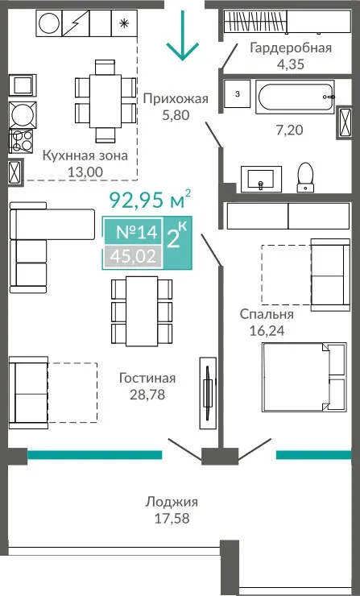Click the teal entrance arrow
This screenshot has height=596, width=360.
point(183,35)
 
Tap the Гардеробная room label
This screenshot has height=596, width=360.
point(291,48)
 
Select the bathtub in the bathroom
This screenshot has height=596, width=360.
point(295,97)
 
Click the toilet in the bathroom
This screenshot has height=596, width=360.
point(305,177)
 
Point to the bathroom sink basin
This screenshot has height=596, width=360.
point(261,179)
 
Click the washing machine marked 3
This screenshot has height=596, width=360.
point(238,94)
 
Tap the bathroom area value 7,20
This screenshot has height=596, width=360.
point(289,130)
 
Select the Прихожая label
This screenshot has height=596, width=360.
point(176,99)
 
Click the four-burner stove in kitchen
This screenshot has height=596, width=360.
point(22,141)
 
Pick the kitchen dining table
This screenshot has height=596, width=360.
point(106,101)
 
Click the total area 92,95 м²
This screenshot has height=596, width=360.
point(150,200)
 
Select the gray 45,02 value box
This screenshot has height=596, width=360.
point(133,257)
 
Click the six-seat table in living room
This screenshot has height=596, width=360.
point(142,312)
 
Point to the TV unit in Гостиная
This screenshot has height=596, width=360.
point(208,393)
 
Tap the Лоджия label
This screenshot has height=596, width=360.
point(172,502)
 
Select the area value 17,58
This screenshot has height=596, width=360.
point(172,519)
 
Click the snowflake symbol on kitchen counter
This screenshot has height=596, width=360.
point(123,23)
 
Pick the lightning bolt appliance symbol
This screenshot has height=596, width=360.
point(75,23)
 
